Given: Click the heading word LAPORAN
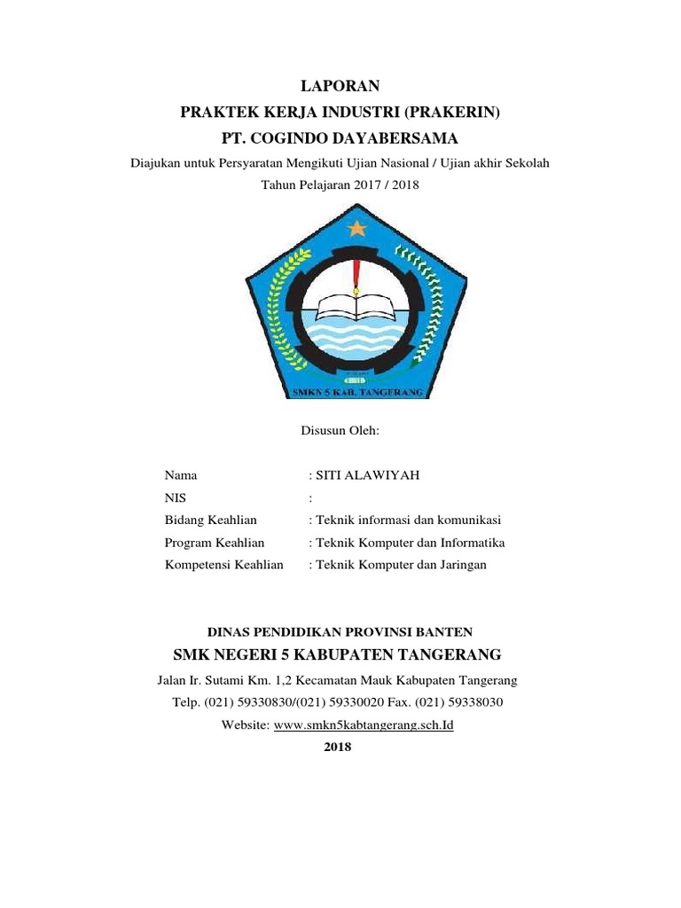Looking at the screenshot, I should (340, 86).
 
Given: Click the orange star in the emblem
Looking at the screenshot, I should (356, 228).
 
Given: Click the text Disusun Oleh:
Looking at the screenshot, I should (340, 431).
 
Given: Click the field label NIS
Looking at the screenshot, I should (176, 497).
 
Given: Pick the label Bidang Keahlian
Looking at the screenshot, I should (211, 520).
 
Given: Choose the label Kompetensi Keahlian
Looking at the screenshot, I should (224, 564).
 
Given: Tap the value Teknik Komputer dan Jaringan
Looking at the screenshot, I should (401, 564).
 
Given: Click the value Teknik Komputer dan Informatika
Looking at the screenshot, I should (410, 542).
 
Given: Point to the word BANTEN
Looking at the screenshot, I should (446, 631).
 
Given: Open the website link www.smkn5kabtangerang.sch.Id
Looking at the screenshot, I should (364, 724).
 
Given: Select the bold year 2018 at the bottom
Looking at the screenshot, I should (340, 747).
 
